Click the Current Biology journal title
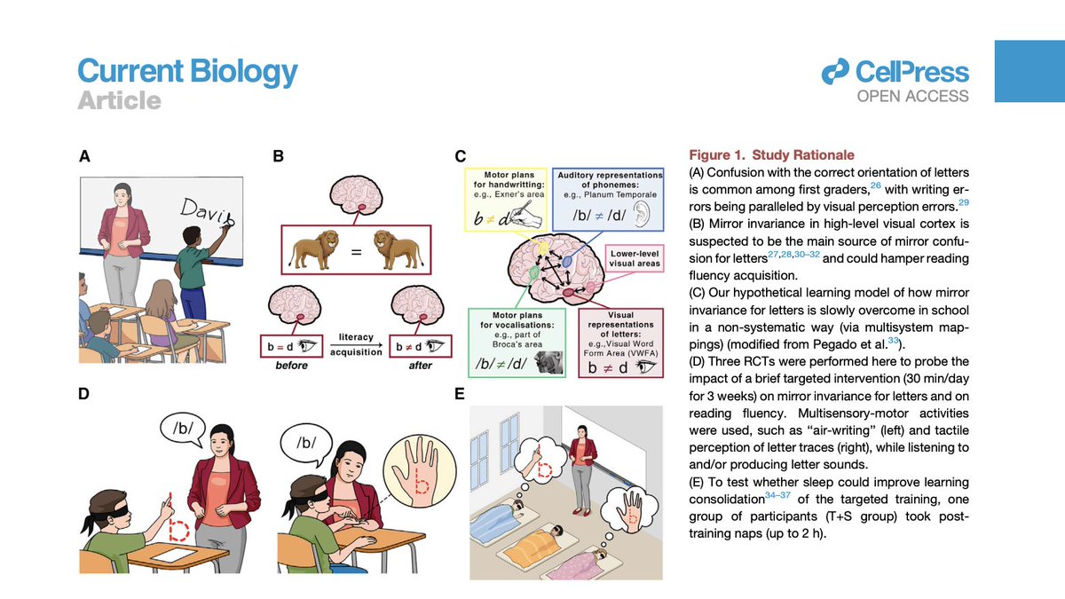187,70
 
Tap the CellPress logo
895,72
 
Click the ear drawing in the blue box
646,217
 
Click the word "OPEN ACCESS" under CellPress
912,96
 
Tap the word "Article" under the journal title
118,101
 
